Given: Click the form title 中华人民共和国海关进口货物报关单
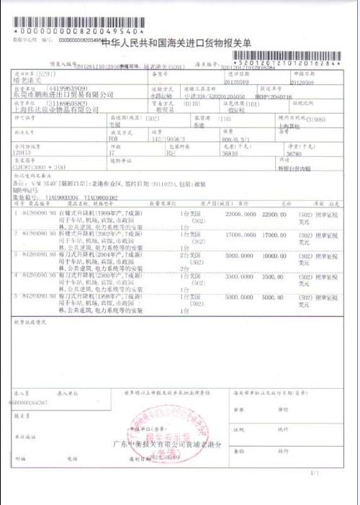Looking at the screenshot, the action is [x=176, y=43].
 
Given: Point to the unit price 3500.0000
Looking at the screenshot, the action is [x=240, y=275].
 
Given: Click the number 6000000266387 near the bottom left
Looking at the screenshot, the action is [x=30, y=402].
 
